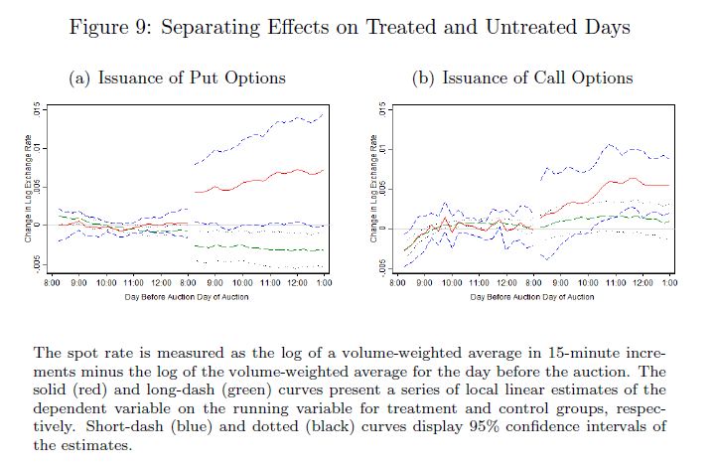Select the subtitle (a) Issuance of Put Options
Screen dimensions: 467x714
click(x=176, y=78)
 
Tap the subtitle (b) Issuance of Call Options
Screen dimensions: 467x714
click(x=522, y=78)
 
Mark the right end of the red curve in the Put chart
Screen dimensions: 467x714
click(x=324, y=169)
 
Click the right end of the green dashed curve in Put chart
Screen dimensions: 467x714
click(x=324, y=249)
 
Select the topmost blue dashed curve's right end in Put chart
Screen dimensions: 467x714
click(x=324, y=114)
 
